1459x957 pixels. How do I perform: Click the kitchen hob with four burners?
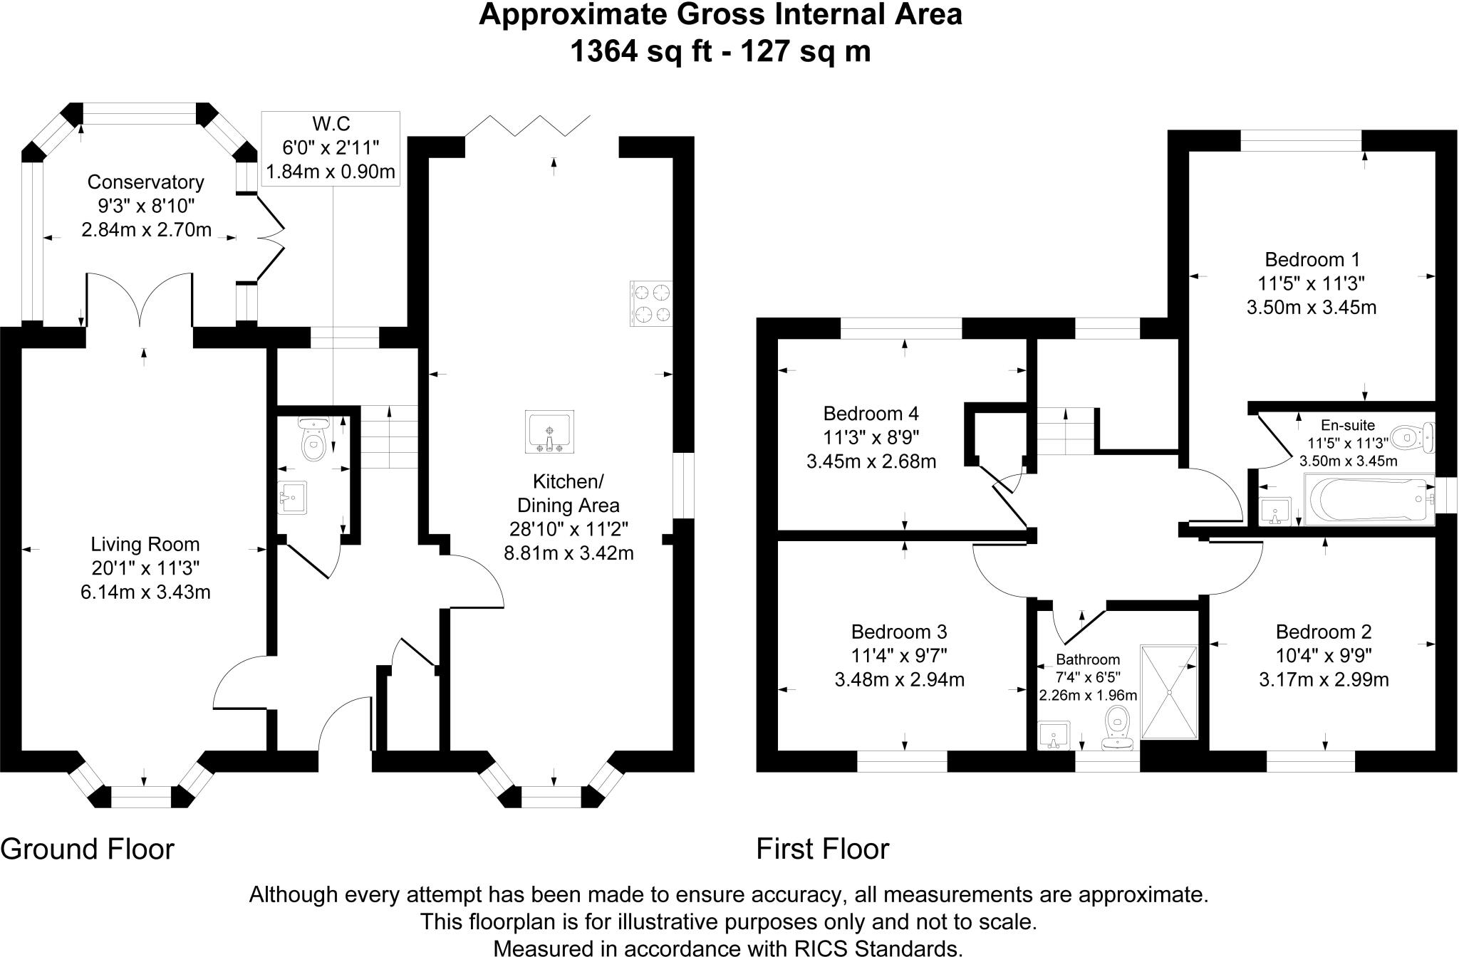pyautogui.click(x=651, y=304)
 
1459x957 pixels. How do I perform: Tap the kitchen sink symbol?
pyautogui.click(x=549, y=432)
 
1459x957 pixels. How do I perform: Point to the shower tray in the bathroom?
pyautogui.click(x=1169, y=691)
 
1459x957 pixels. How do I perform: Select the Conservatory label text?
pyautogui.click(x=145, y=182)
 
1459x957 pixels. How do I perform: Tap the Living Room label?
pyautogui.click(x=145, y=545)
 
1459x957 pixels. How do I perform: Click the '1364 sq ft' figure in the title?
pyautogui.click(x=641, y=51)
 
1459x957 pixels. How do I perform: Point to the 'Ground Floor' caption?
pyautogui.click(x=87, y=849)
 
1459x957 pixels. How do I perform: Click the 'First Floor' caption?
pyautogui.click(x=822, y=849)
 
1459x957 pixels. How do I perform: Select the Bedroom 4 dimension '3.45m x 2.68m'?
pyautogui.click(x=871, y=461)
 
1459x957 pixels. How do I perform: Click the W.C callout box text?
pyautogui.click(x=331, y=148)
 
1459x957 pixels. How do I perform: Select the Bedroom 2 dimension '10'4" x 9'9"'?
pyautogui.click(x=1324, y=655)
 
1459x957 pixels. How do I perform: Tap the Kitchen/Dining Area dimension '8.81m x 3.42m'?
pyautogui.click(x=568, y=553)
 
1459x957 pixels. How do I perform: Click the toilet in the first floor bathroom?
pyautogui.click(x=1116, y=728)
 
